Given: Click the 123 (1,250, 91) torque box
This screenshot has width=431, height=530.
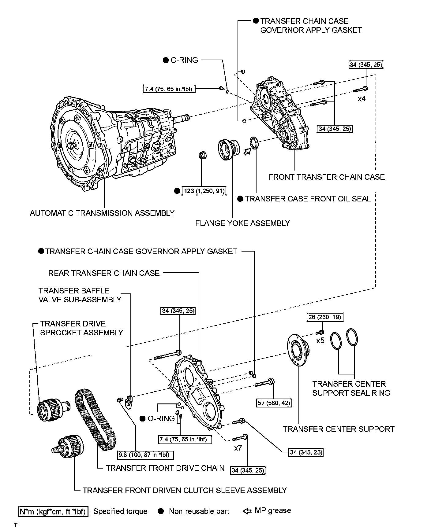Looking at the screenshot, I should (x=204, y=191).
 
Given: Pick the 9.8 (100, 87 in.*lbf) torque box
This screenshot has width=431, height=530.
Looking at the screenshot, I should (x=145, y=455).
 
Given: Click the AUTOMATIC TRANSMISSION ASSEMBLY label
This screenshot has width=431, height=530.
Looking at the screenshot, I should (x=102, y=213).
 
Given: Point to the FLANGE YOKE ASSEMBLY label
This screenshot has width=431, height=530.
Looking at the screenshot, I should (x=242, y=223).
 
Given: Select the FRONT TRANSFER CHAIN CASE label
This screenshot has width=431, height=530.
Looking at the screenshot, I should (x=327, y=177).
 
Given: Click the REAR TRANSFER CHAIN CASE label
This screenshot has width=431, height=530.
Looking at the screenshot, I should (x=104, y=273).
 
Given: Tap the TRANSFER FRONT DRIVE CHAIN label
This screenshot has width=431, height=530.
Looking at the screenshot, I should (x=165, y=468).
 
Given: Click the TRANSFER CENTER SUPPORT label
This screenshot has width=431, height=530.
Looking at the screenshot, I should (x=339, y=429).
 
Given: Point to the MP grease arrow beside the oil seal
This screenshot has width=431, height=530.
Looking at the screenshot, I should (x=247, y=151).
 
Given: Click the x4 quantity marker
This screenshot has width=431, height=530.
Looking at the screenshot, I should (x=362, y=99).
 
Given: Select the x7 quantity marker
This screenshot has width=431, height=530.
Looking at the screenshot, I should (x=238, y=448).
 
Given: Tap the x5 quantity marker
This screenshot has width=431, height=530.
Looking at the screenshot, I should (x=320, y=340).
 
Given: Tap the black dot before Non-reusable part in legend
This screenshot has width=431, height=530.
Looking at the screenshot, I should (x=161, y=511).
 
